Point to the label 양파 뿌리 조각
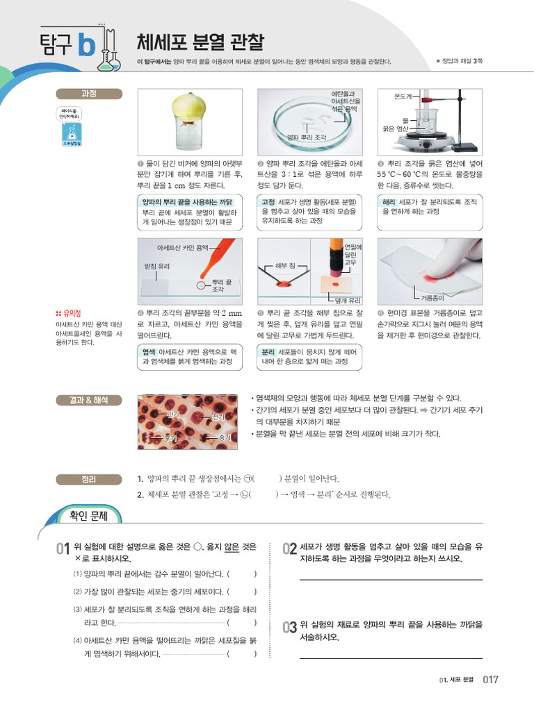click(x=307, y=137)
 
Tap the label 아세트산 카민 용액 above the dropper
click(x=183, y=246)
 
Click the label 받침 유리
click(x=156, y=266)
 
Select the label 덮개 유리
click(x=347, y=301)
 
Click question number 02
click(x=290, y=549)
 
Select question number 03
click(x=290, y=627)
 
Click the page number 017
click(x=491, y=680)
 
